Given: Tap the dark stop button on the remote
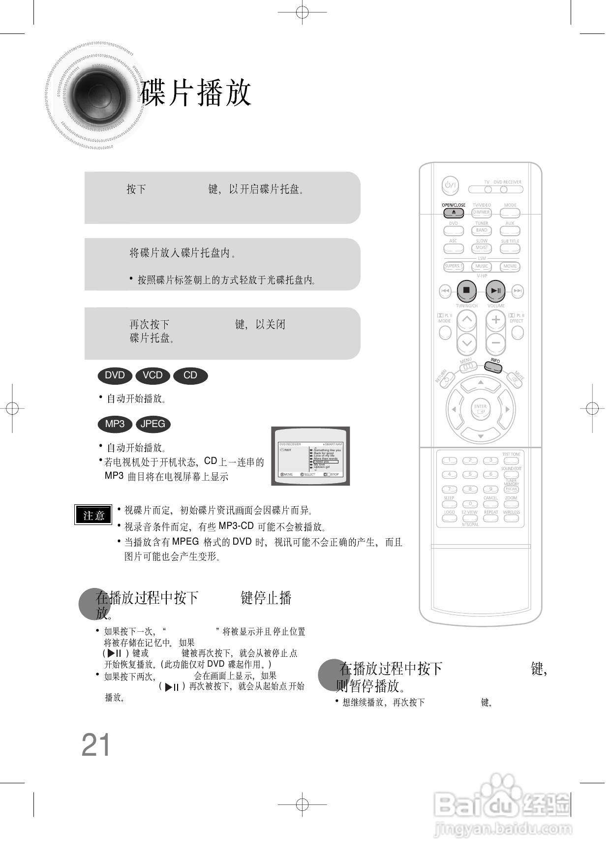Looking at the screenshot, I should coord(466,290).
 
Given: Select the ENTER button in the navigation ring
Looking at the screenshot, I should coord(480,409).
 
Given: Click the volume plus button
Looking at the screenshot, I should coord(495,320).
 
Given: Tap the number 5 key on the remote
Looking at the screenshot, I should coord(470,475).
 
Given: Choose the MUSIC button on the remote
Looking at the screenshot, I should coord(482,267).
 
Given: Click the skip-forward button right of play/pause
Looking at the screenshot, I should coord(518,291).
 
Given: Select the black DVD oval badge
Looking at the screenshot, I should coord(115,375).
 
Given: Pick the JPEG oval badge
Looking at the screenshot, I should coord(152,424).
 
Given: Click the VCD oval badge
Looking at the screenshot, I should coord(152,375).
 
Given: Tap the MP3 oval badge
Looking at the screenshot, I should coord(115,424).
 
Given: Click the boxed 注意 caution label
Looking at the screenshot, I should coord(93,515).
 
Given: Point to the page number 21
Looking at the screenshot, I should coord(96,745).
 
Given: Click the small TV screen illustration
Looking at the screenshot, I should coord(310,456).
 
